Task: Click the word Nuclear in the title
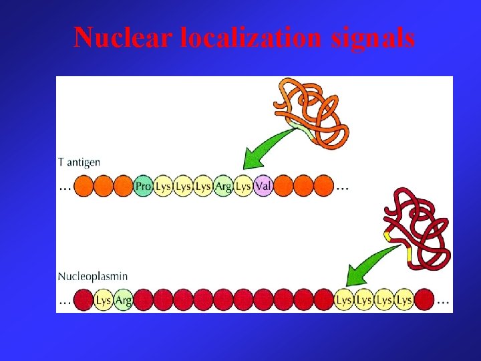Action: [x=124, y=37]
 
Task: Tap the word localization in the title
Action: [x=251, y=37]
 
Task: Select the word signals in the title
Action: [x=373, y=37]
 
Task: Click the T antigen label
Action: [x=79, y=162]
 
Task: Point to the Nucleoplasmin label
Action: [x=93, y=275]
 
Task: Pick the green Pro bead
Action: [x=143, y=186]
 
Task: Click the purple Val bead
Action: [x=263, y=186]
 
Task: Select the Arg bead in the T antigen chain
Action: [x=223, y=186]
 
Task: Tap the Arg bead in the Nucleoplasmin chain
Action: [x=124, y=299]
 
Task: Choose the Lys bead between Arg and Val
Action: [x=243, y=186]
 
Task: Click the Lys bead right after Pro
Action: [x=163, y=186]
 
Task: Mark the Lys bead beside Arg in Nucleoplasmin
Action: [x=104, y=299]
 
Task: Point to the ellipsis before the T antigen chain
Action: [x=65, y=187]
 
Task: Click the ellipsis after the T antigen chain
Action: [x=342, y=187]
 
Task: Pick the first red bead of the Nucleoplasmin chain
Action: [x=83, y=299]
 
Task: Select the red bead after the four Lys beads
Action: [x=424, y=299]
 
